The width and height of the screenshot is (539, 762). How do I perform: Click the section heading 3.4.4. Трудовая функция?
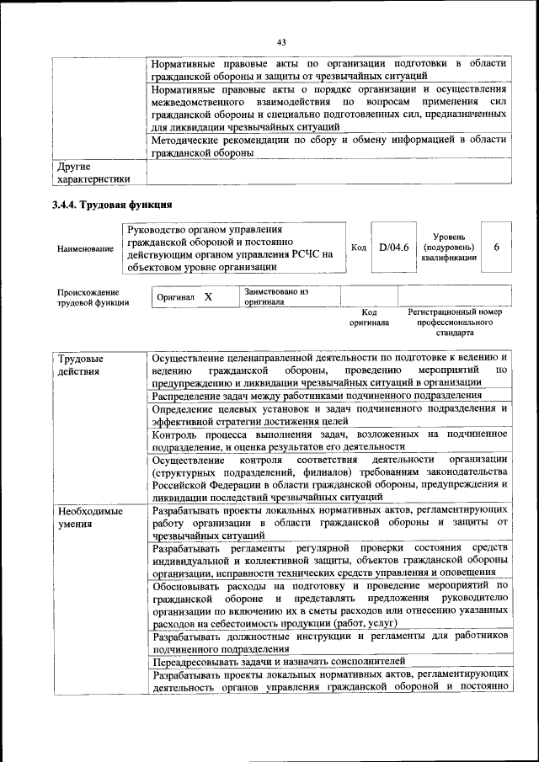click(x=112, y=205)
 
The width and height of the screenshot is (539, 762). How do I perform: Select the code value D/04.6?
click(x=393, y=247)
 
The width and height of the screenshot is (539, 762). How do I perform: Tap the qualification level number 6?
click(x=496, y=247)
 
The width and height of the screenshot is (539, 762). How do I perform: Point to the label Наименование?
click(x=86, y=249)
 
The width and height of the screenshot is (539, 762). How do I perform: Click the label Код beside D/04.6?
click(x=358, y=247)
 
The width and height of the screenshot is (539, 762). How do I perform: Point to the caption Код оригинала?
click(x=369, y=317)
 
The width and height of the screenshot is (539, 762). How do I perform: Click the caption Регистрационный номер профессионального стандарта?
click(x=454, y=322)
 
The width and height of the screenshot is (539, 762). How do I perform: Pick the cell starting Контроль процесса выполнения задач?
click(x=329, y=440)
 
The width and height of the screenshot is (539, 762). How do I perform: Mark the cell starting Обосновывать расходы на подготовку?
click(x=329, y=604)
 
